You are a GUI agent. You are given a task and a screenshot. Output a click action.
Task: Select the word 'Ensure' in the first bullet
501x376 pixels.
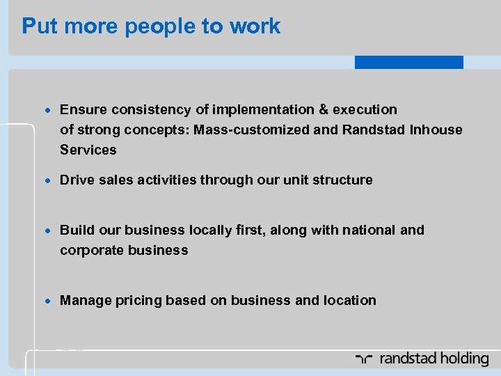click(82, 109)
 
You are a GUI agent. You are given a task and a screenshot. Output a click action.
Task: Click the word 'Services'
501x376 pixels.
click(88, 150)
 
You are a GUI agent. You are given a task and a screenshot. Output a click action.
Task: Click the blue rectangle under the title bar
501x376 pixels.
click(408, 62)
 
